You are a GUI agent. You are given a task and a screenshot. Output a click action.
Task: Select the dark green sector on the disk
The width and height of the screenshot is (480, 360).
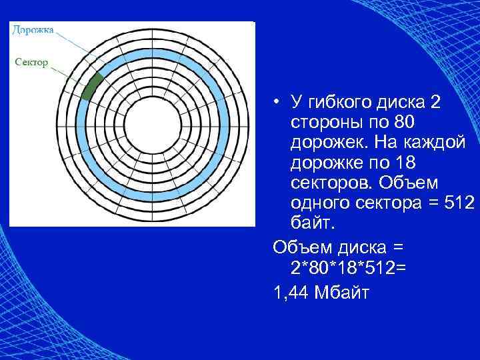click(x=92, y=87)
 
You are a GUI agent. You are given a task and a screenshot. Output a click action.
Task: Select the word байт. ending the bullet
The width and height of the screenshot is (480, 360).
click(x=310, y=221)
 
